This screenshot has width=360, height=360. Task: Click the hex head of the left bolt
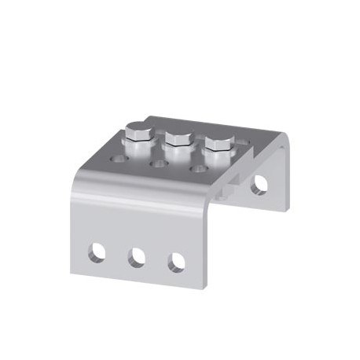coord(136,131)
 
